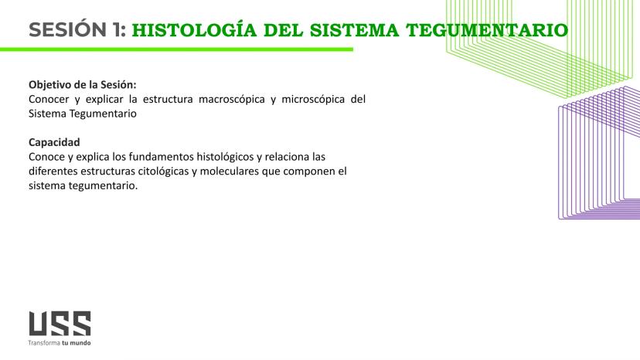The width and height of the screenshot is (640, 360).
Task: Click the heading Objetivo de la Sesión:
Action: point(82,84)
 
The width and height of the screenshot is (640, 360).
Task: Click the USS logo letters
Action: point(60,324)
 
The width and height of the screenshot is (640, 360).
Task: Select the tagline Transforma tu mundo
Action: point(60,341)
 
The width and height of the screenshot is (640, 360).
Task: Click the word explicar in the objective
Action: point(104,99)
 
